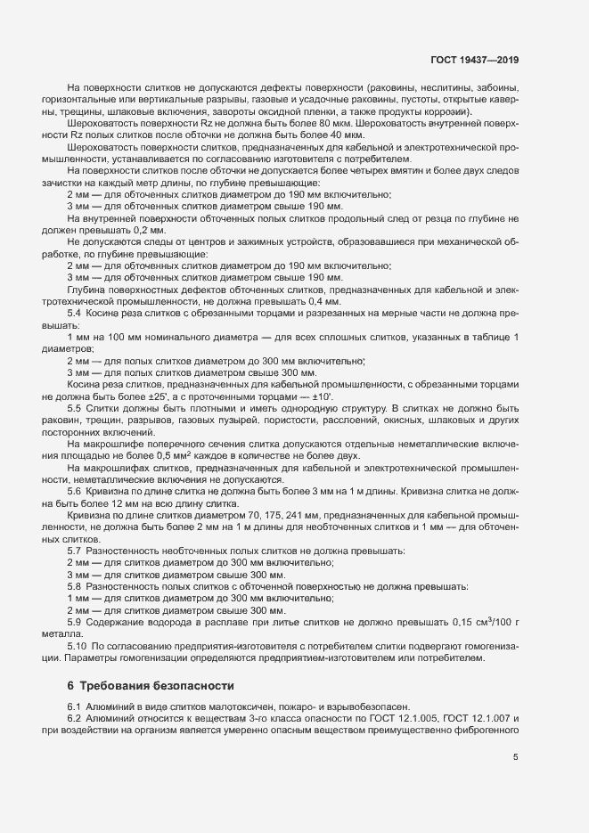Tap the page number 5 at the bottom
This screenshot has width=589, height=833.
point(516,757)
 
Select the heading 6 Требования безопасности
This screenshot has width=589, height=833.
point(151,686)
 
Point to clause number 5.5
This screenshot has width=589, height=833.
point(75,407)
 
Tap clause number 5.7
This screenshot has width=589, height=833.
point(75,551)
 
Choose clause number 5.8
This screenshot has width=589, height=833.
point(75,588)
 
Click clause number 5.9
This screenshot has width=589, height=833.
point(75,622)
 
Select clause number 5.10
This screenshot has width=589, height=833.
point(77,644)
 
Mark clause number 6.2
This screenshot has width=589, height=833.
point(75,717)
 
